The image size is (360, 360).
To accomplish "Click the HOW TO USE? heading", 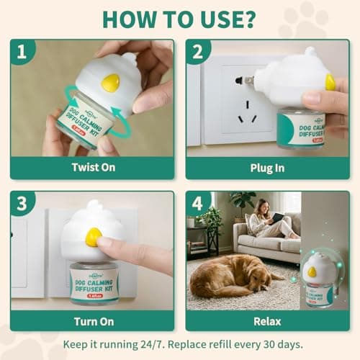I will pyautogui.click(x=179, y=18).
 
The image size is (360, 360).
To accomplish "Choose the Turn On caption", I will pyautogui.click(x=91, y=320).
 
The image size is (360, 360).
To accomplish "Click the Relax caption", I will pyautogui.click(x=268, y=320).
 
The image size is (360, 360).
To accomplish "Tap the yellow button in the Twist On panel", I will pyautogui.click(x=110, y=83).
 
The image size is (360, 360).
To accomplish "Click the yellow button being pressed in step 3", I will pyautogui.click(x=94, y=237).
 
